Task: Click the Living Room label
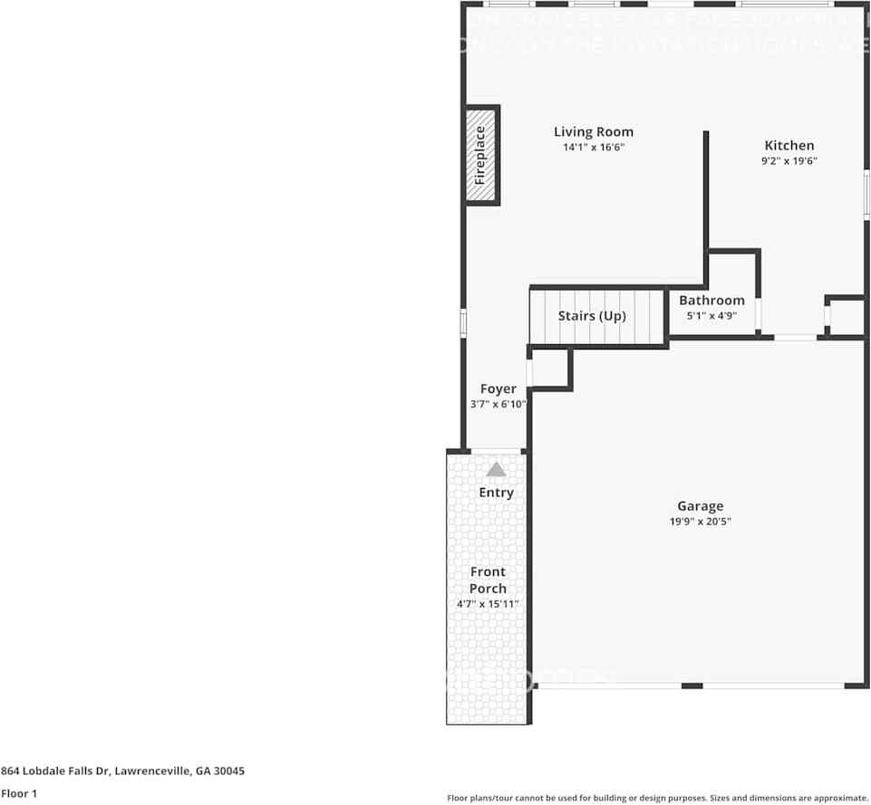click(594, 132)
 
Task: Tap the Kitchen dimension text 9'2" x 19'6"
click(789, 161)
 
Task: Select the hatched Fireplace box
click(481, 156)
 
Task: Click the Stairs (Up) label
click(592, 316)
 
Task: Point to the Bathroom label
click(711, 301)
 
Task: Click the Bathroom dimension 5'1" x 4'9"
click(711, 316)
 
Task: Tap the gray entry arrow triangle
click(496, 469)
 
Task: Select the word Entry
click(496, 493)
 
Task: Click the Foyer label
click(498, 389)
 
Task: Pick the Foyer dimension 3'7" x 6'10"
click(498, 405)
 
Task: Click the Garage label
click(701, 506)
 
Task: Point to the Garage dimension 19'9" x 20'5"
click(701, 522)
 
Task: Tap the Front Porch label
click(488, 580)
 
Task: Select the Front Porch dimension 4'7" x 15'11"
click(488, 604)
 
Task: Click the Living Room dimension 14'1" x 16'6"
click(594, 147)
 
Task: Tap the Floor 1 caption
click(19, 793)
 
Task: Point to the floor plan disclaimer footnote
click(658, 798)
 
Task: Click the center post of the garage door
click(692, 685)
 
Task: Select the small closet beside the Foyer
click(549, 369)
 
